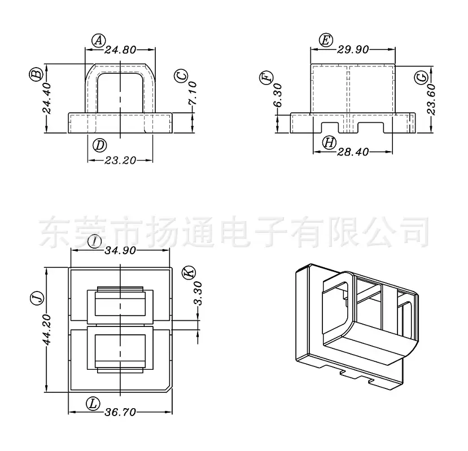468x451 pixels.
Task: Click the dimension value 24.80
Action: [x=120, y=50]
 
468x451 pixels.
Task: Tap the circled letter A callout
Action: [x=98, y=40]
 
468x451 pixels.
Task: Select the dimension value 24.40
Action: [x=47, y=99]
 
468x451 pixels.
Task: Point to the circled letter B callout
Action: [x=36, y=74]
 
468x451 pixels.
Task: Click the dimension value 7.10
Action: [x=193, y=93]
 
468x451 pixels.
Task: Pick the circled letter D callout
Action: [x=100, y=145]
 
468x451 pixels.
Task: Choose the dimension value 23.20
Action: [x=120, y=161]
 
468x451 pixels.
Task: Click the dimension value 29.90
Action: [x=353, y=50]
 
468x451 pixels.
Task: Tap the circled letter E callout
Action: [x=326, y=40]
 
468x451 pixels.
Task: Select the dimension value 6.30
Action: [x=278, y=95]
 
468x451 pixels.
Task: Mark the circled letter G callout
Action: [x=422, y=77]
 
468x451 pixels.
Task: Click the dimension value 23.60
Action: [x=431, y=100]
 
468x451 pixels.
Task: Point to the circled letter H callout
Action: [x=330, y=143]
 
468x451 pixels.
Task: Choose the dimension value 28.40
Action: [x=353, y=152]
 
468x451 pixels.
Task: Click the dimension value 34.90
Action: [x=120, y=251]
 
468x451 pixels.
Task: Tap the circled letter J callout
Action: [x=38, y=298]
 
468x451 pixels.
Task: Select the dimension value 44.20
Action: [x=47, y=330]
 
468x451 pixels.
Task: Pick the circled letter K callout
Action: [x=189, y=272]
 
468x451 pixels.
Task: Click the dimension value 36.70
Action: [x=120, y=412]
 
